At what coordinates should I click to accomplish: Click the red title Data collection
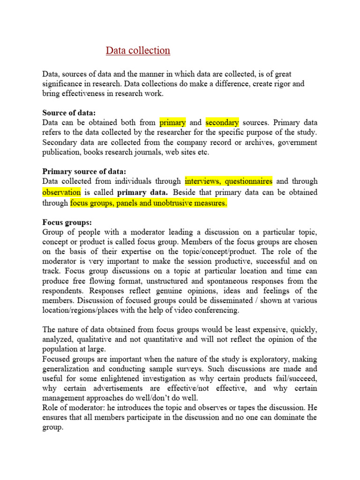[x=138, y=51]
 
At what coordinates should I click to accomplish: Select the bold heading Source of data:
[x=69, y=112]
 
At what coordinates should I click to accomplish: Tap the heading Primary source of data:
[x=84, y=171]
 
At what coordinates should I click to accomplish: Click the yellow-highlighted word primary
[x=172, y=122]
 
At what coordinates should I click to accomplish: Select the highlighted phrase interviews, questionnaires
[x=228, y=181]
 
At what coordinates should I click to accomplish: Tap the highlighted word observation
[x=61, y=192]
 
